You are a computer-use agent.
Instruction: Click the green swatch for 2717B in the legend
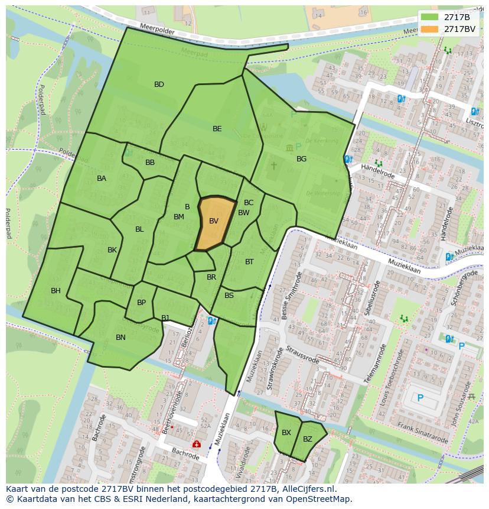tap(429, 17)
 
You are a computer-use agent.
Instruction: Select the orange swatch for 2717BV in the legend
tap(429, 28)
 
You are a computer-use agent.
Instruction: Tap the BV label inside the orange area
tap(214, 221)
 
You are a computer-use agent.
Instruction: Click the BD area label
tap(159, 85)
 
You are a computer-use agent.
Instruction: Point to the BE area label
tap(217, 129)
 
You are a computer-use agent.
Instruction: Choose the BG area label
tap(301, 159)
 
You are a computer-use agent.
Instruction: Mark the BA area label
tap(102, 179)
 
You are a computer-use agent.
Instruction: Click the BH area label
tap(56, 291)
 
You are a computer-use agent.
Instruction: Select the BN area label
tap(120, 338)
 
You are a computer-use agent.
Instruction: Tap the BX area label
tap(286, 433)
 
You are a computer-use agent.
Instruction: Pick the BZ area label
tap(308, 439)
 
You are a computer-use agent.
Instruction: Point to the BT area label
tap(249, 262)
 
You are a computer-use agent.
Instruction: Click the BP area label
tap(141, 303)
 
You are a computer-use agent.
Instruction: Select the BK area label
tap(112, 250)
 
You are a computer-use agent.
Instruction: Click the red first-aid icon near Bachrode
tap(195, 443)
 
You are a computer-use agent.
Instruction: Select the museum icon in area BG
tap(289, 147)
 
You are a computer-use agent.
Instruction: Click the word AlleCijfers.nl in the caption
tap(308, 489)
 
